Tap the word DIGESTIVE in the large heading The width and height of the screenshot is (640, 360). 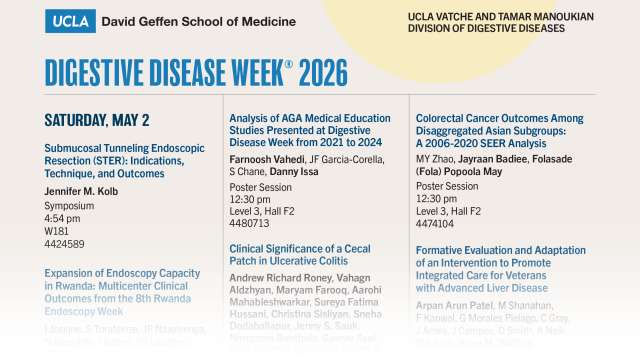(100, 72)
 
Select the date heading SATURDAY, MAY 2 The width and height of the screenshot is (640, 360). (97, 121)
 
